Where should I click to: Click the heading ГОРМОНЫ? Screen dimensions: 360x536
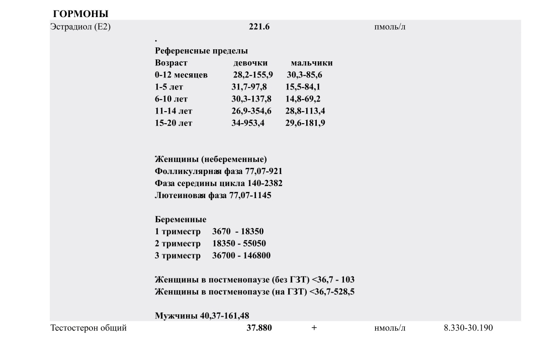pyautogui.click(x=80, y=14)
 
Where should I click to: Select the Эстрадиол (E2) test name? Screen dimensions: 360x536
pyautogui.click(x=80, y=27)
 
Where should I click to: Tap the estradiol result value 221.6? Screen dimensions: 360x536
pyautogui.click(x=259, y=27)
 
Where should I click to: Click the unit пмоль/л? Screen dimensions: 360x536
pyautogui.click(x=387, y=27)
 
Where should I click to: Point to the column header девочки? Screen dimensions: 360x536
pyautogui.click(x=250, y=63)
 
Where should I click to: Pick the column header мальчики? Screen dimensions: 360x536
pyautogui.click(x=311, y=63)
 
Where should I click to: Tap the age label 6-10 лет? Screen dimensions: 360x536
pyautogui.click(x=171, y=99)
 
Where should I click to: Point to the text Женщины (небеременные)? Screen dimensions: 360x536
pyautogui.click(x=211, y=160)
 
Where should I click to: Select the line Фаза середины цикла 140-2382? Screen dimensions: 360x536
pyautogui.click(x=218, y=184)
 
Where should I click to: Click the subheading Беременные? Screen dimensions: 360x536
pyautogui.click(x=180, y=220)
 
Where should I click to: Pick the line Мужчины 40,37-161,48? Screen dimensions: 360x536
pyautogui.click(x=202, y=316)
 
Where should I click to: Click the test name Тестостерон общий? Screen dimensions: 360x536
pyautogui.click(x=88, y=328)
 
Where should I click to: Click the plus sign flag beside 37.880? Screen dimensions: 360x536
pyautogui.click(x=314, y=328)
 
